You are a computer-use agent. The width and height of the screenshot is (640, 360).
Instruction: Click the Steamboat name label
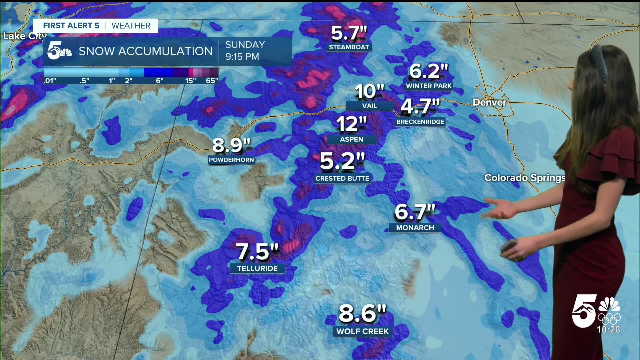349,47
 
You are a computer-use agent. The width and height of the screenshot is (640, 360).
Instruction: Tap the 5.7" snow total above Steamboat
349,33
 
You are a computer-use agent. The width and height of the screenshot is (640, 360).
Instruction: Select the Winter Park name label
428,86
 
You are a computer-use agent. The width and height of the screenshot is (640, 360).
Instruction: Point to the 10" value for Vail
369,91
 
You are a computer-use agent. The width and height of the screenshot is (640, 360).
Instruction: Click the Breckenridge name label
420,122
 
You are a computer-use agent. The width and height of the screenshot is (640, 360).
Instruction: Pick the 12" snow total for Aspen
351,124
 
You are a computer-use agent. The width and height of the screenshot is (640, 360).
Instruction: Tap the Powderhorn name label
231,160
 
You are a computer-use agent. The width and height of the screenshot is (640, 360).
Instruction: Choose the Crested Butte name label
342,178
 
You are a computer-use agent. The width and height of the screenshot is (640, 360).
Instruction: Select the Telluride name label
257,268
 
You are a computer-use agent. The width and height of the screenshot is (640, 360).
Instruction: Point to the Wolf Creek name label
362,331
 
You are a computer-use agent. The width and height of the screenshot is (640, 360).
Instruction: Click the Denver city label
489,102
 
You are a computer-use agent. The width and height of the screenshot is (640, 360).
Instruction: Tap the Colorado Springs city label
524,178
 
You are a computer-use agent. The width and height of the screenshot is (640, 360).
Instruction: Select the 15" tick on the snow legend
190,80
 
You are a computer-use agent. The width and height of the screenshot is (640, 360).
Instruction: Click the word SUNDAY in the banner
245,45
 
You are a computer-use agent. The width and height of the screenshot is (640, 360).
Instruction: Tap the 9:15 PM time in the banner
242,57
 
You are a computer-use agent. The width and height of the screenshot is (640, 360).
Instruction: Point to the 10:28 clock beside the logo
608,329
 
